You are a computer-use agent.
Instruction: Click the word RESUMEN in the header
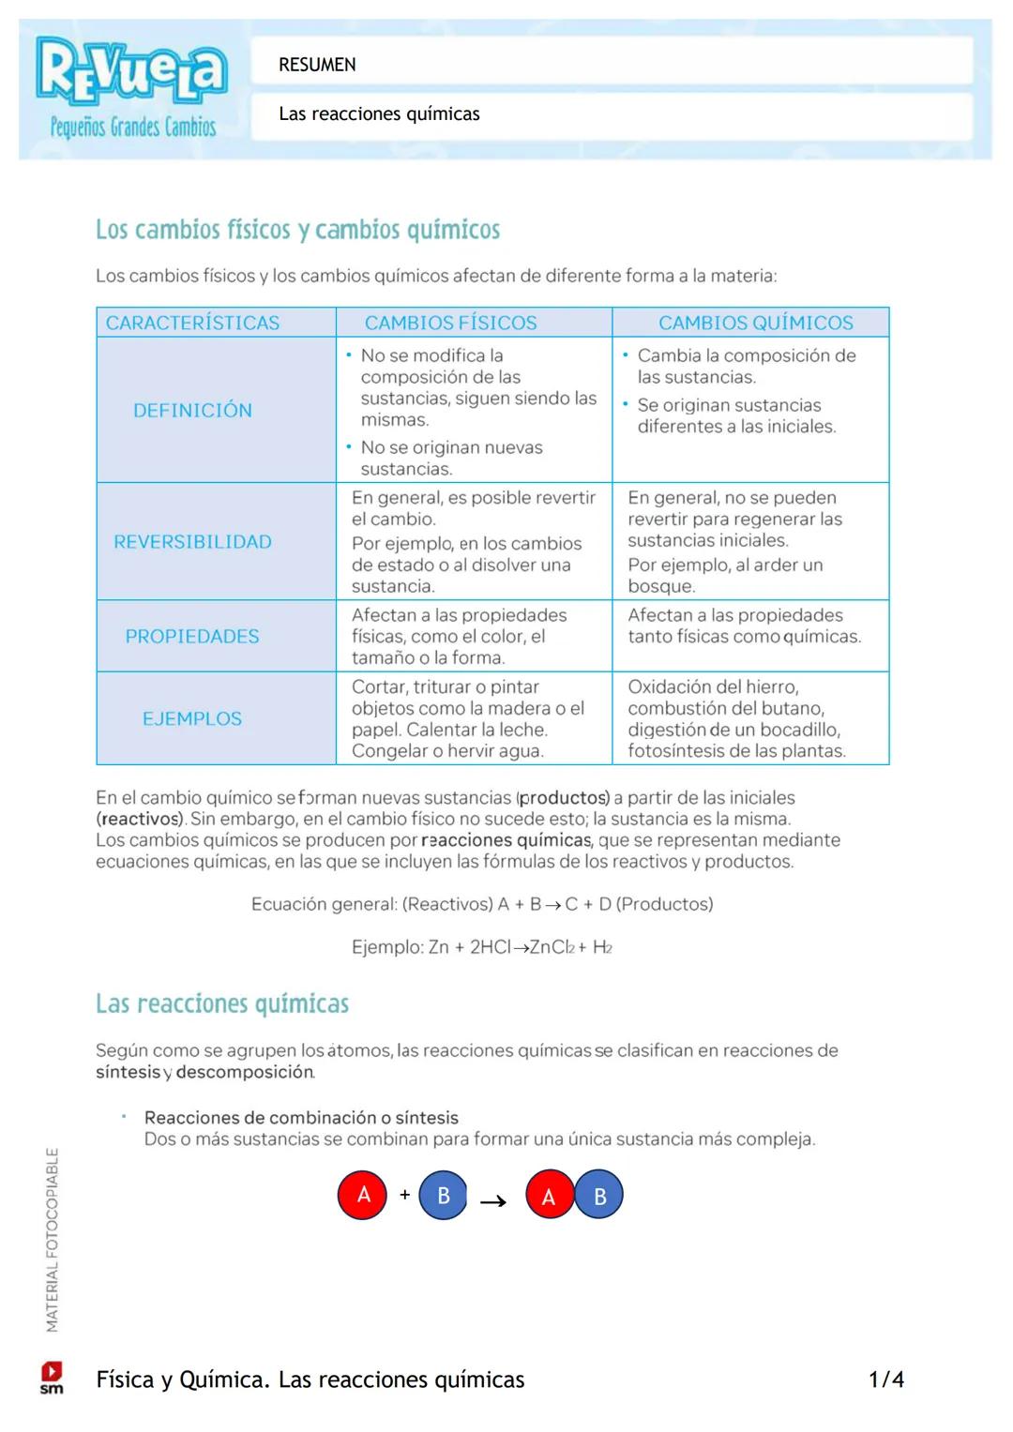tap(317, 65)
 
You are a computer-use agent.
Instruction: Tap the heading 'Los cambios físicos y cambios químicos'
tap(297, 230)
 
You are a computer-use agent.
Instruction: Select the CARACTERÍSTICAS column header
tap(192, 323)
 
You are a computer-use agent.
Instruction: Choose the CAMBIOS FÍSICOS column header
tap(450, 323)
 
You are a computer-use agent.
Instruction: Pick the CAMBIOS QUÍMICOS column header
tap(755, 323)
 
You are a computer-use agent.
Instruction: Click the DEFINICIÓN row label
tap(192, 410)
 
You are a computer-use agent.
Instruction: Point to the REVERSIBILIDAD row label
tap(192, 542)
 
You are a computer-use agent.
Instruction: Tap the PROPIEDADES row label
tap(192, 637)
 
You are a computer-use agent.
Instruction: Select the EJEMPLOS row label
tap(192, 719)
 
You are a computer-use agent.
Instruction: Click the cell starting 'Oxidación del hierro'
tap(736, 718)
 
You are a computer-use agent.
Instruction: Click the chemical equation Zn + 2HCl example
tap(481, 947)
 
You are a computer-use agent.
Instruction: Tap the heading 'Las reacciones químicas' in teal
tap(222, 1004)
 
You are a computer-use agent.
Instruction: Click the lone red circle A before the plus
tap(363, 1195)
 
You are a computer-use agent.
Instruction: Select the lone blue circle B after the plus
tap(444, 1196)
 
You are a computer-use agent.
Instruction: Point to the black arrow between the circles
tap(493, 1201)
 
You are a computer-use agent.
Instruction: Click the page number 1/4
tap(885, 1379)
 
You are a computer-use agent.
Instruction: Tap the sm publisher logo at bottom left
tap(52, 1378)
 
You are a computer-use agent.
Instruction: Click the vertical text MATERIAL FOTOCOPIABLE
tap(53, 1239)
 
